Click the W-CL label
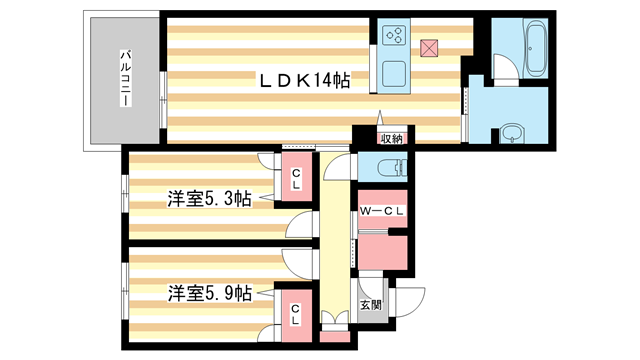click(383, 210)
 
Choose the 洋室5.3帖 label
click(207, 198)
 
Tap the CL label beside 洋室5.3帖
click(296, 181)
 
